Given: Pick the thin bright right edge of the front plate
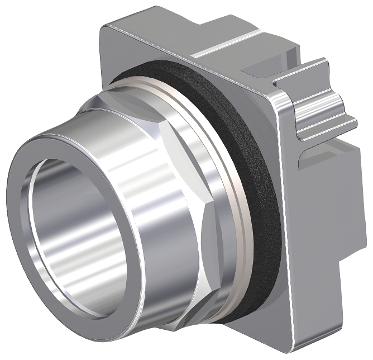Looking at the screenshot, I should coord(282,224).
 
